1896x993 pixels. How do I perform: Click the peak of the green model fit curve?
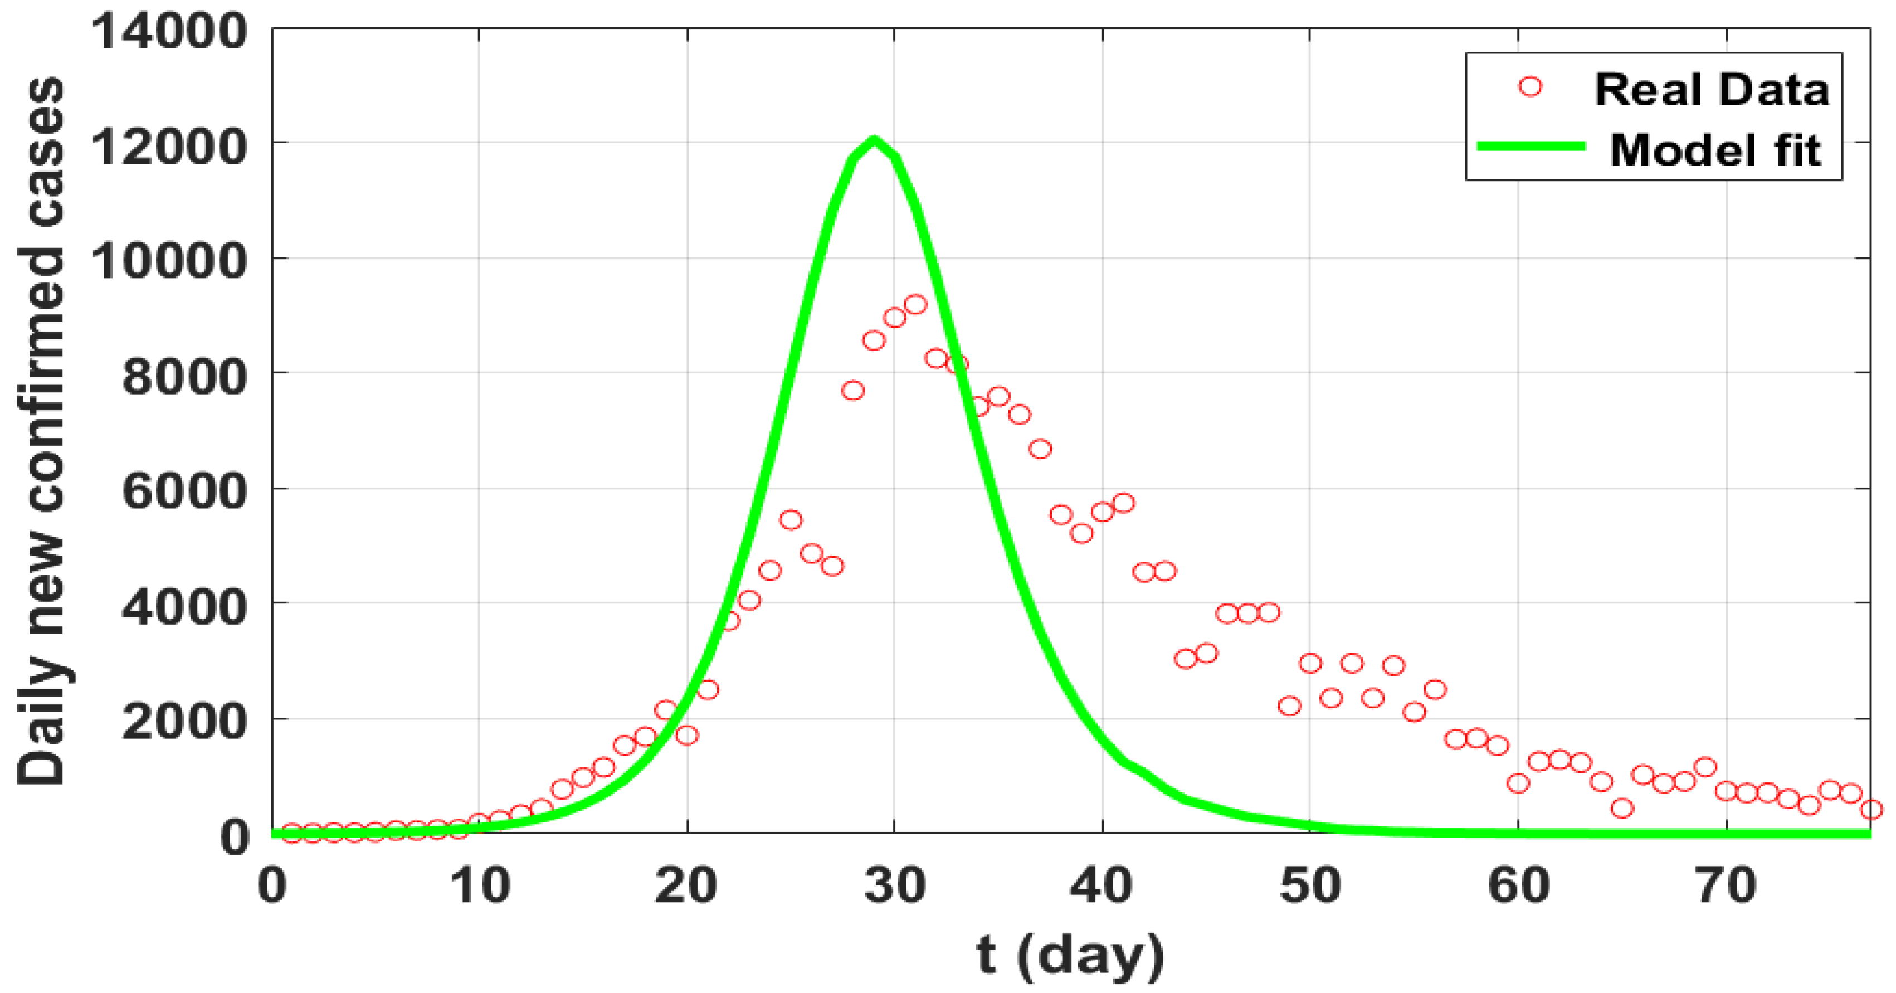point(874,140)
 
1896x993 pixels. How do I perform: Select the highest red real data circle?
point(915,305)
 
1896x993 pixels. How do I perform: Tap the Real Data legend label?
point(1711,90)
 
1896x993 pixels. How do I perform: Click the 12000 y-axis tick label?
point(169,147)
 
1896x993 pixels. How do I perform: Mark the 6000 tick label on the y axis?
point(184,491)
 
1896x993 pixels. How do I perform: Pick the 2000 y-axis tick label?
point(184,722)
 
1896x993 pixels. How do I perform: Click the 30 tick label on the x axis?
point(894,886)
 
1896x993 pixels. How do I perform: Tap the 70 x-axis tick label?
point(1727,886)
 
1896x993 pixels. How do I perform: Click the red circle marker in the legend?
point(1530,86)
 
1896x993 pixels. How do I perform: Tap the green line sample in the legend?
point(1531,147)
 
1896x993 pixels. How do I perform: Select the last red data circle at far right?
point(1871,810)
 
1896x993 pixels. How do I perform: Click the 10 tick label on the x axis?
point(480,886)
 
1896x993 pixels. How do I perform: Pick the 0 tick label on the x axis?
point(272,886)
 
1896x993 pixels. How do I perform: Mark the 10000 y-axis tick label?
point(169,261)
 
